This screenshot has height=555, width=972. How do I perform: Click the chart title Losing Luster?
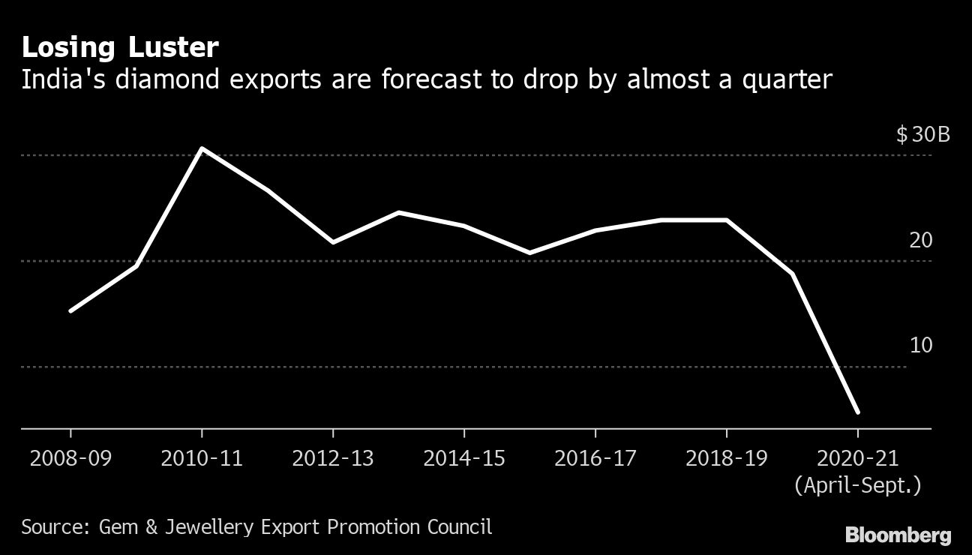tap(120, 48)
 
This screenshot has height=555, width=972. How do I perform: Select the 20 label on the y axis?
tap(921, 241)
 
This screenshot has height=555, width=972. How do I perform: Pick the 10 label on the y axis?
tap(921, 346)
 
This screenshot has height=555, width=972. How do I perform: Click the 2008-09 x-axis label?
tap(70, 457)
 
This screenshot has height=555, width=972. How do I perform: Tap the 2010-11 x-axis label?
tap(202, 457)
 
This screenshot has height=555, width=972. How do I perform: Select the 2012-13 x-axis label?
tap(333, 457)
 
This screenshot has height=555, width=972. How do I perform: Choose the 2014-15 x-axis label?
tap(464, 457)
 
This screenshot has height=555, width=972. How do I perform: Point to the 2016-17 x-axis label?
tap(595, 457)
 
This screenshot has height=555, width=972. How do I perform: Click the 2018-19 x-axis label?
tap(727, 457)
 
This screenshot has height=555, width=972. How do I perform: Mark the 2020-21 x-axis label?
tap(858, 457)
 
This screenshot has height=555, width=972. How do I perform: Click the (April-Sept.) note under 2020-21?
tap(858, 485)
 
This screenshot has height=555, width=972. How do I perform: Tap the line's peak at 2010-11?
tap(202, 148)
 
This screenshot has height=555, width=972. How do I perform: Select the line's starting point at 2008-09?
tap(70, 310)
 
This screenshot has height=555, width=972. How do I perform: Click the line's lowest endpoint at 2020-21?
tap(857, 412)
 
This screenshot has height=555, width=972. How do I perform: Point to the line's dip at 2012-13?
tap(333, 242)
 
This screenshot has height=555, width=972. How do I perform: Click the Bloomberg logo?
tap(898, 535)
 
